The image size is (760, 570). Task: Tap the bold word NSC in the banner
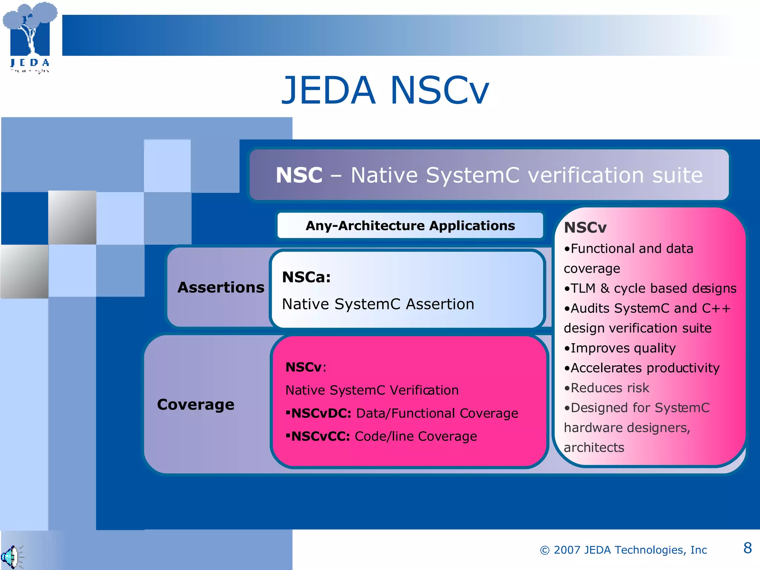pyautogui.click(x=299, y=175)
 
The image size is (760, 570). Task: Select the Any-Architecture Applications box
pyautogui.click(x=410, y=226)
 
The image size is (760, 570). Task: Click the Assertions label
pyautogui.click(x=221, y=288)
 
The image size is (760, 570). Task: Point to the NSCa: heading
pyautogui.click(x=306, y=277)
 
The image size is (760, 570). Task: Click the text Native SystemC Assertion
pyautogui.click(x=378, y=304)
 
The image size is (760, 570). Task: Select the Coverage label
pyautogui.click(x=196, y=404)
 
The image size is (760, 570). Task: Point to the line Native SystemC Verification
pyautogui.click(x=372, y=390)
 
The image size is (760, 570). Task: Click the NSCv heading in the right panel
pyautogui.click(x=585, y=227)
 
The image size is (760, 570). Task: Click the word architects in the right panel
pyautogui.click(x=594, y=448)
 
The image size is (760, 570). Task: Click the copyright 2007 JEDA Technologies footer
pyautogui.click(x=623, y=550)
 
